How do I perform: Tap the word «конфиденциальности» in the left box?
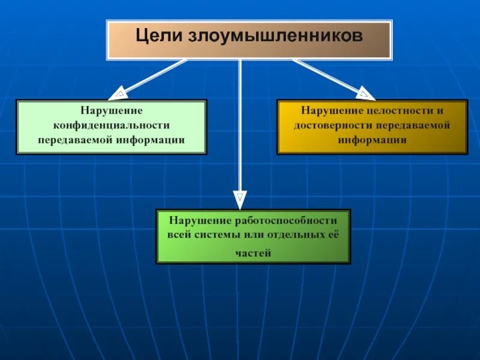(x=111, y=125)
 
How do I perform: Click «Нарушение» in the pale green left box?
(x=111, y=111)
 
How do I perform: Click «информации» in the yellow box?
(x=372, y=140)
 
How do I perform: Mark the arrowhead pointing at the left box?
(x=119, y=94)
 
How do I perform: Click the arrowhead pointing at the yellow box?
(x=364, y=93)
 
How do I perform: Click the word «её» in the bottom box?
(x=334, y=234)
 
